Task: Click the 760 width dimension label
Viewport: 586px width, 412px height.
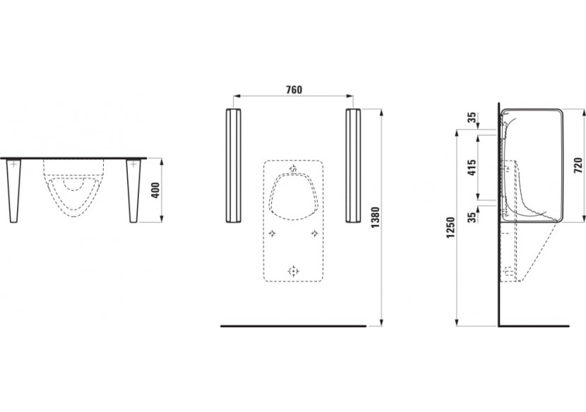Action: pos(294,89)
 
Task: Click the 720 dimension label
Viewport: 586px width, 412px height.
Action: pos(578,164)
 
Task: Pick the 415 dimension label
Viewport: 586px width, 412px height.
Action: pos(472,167)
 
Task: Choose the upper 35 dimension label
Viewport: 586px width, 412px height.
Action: pos(472,118)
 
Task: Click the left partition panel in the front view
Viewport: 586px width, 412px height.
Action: pos(233,166)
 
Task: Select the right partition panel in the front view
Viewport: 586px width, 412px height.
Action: pos(353,166)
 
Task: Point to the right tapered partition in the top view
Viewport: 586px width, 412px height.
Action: pos(133,189)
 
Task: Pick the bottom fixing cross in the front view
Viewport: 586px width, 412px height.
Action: pos(294,270)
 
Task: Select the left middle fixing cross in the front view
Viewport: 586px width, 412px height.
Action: pos(271,232)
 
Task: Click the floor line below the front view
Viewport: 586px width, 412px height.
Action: pos(293,326)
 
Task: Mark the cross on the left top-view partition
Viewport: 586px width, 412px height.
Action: pos(13,164)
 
